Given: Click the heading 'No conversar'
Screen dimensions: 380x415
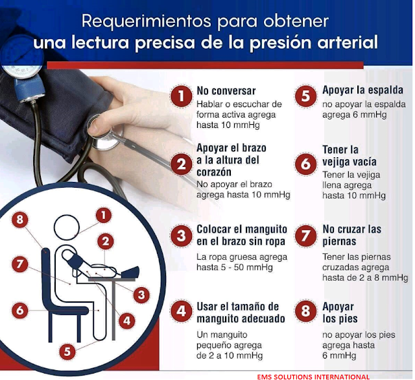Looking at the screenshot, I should click(x=226, y=92).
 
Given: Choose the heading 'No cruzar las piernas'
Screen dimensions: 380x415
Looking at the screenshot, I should click(x=352, y=236).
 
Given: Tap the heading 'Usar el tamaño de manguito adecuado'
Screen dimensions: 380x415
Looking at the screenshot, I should click(x=241, y=312).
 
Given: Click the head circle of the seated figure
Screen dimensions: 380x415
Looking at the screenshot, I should click(x=67, y=229).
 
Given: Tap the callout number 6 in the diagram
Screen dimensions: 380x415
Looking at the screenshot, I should click(x=19, y=310).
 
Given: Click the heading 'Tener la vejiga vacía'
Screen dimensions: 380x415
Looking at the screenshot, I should click(x=350, y=156).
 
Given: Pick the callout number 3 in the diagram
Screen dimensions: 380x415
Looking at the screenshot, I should click(x=139, y=294).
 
